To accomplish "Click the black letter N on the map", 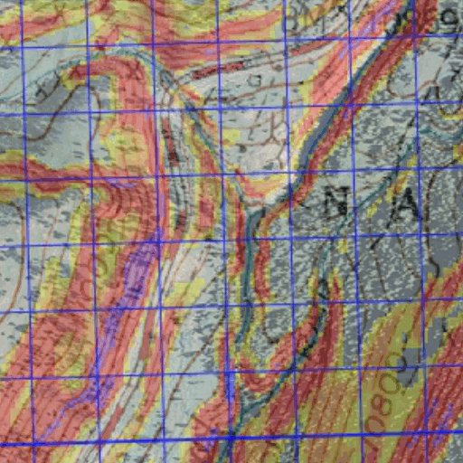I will [x=341, y=203].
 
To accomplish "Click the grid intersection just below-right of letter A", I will [x=428, y=232].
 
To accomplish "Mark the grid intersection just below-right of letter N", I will [x=355, y=237].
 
